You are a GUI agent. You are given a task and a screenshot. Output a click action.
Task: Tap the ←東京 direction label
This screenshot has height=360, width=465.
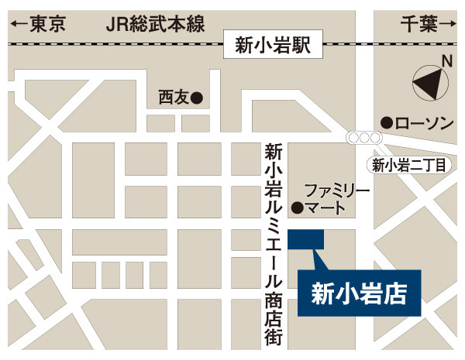pos(38,25)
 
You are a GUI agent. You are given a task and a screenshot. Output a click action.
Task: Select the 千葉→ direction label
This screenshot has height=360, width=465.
pos(425,25)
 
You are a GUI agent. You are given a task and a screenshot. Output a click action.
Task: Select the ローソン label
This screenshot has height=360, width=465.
pos(423,123)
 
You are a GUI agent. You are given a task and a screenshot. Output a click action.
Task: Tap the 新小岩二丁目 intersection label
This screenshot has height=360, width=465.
pos(409,164)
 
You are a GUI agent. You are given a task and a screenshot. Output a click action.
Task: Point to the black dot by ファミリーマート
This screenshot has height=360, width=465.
pos(295,207)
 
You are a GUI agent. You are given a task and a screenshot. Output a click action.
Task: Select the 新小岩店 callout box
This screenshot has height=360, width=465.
pos(359,293)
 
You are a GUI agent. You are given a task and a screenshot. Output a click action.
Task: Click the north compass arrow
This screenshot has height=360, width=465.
pos(430,81)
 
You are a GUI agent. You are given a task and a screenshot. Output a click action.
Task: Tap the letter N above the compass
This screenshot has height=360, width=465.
pos(446,60)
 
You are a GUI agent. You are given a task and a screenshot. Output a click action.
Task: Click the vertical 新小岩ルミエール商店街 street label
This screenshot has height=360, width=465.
pos(271,244)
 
